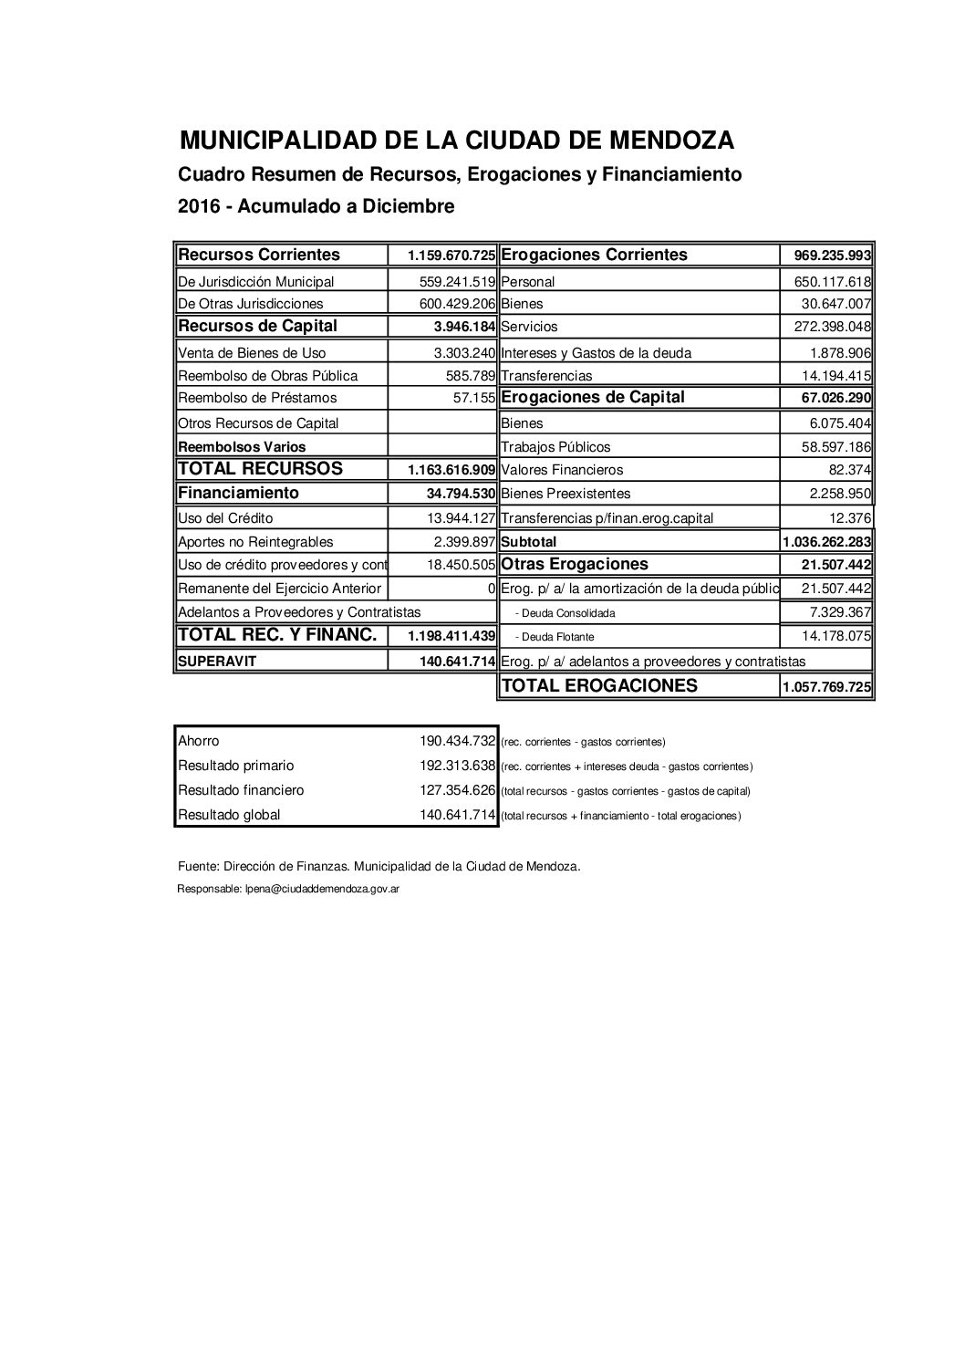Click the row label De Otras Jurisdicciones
(x=251, y=304)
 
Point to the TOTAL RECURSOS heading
(x=261, y=469)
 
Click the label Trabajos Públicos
(x=555, y=447)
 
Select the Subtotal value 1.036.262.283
(x=827, y=542)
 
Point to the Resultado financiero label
(x=241, y=790)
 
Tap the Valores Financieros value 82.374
(x=848, y=470)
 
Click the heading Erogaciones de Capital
(x=593, y=397)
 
